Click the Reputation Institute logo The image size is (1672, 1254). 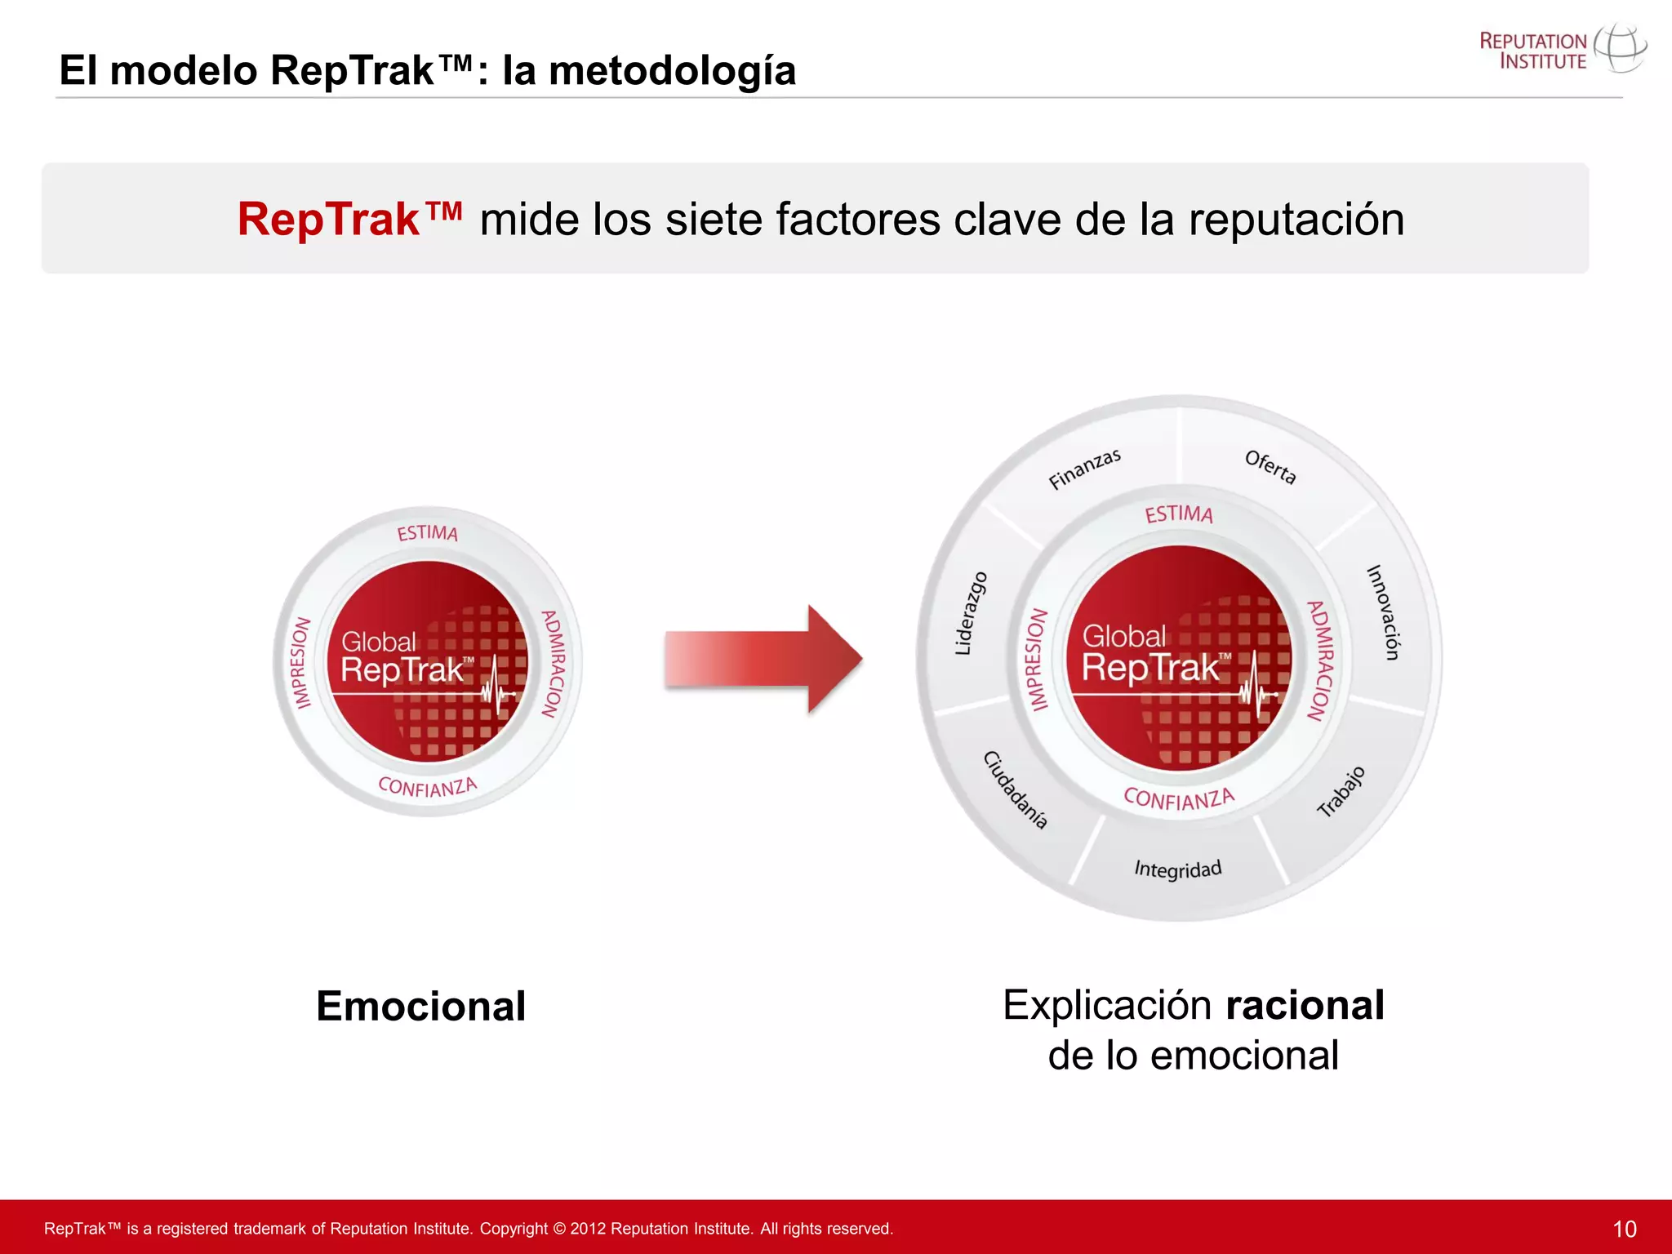pyautogui.click(x=1561, y=51)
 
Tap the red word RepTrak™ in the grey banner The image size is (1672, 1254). pyautogui.click(x=349, y=220)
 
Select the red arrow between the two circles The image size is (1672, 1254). pyautogui.click(x=763, y=659)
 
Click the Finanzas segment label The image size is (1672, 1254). pyautogui.click(x=1084, y=469)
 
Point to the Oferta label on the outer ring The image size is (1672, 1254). pyautogui.click(x=1270, y=467)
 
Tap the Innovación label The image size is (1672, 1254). pyautogui.click(x=1383, y=611)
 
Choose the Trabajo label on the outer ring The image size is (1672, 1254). pyautogui.click(x=1341, y=791)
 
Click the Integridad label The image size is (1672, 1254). pyautogui.click(x=1177, y=869)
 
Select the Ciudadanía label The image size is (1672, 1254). pyautogui.click(x=1015, y=789)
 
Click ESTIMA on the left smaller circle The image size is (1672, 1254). pyautogui.click(x=427, y=533)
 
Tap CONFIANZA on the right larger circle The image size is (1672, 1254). pyautogui.click(x=1179, y=798)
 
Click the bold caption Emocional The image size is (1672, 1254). pyautogui.click(x=420, y=1006)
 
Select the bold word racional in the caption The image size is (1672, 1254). pyautogui.click(x=1305, y=1005)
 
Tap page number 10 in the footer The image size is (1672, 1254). pyautogui.click(x=1624, y=1229)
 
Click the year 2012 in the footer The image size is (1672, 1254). pyautogui.click(x=588, y=1229)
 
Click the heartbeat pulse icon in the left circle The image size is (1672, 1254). pyautogui.click(x=496, y=686)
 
